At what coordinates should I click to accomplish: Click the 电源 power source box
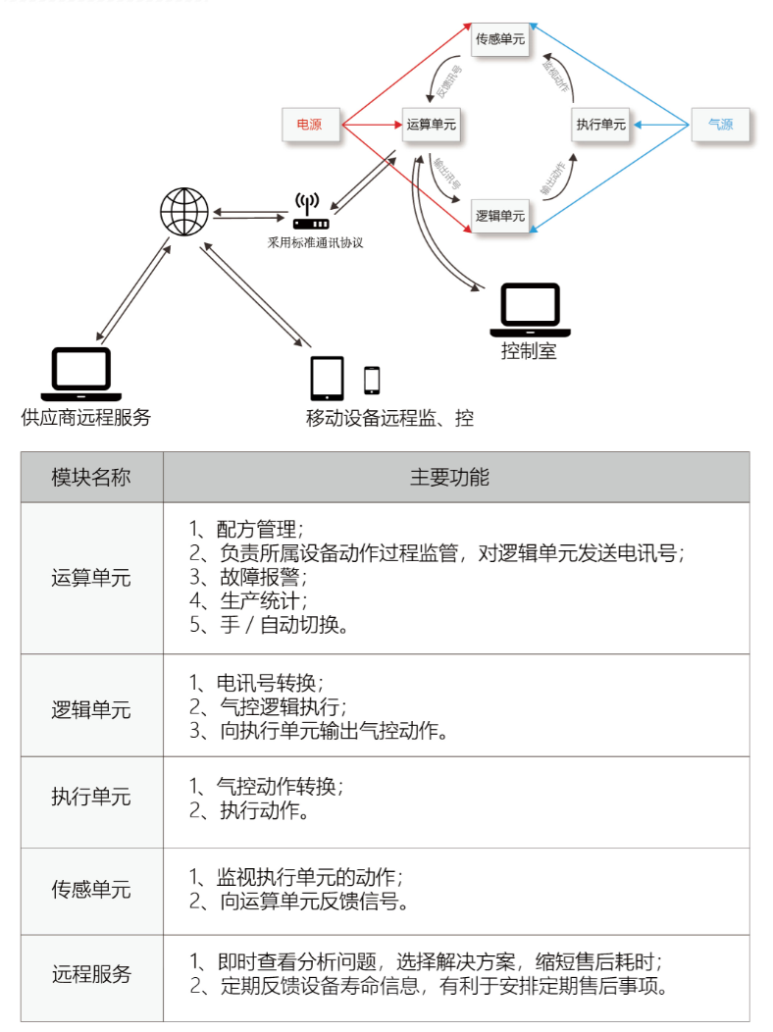pyautogui.click(x=309, y=125)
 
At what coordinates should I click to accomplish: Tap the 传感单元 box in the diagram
pyautogui.click(x=500, y=39)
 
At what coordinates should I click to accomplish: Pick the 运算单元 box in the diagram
pyautogui.click(x=432, y=125)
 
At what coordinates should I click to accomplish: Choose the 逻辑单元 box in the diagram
pyautogui.click(x=500, y=215)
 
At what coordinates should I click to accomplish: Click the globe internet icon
pyautogui.click(x=184, y=211)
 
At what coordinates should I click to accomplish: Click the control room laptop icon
pyautogui.click(x=531, y=307)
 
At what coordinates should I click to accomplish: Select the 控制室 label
pyautogui.click(x=529, y=350)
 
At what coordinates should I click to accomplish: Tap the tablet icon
pyautogui.click(x=328, y=379)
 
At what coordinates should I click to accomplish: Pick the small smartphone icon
pyautogui.click(x=372, y=380)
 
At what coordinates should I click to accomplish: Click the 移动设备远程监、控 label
pyautogui.click(x=389, y=419)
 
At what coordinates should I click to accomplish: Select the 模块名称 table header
pyautogui.click(x=91, y=478)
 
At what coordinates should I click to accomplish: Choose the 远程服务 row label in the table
pyautogui.click(x=91, y=975)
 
